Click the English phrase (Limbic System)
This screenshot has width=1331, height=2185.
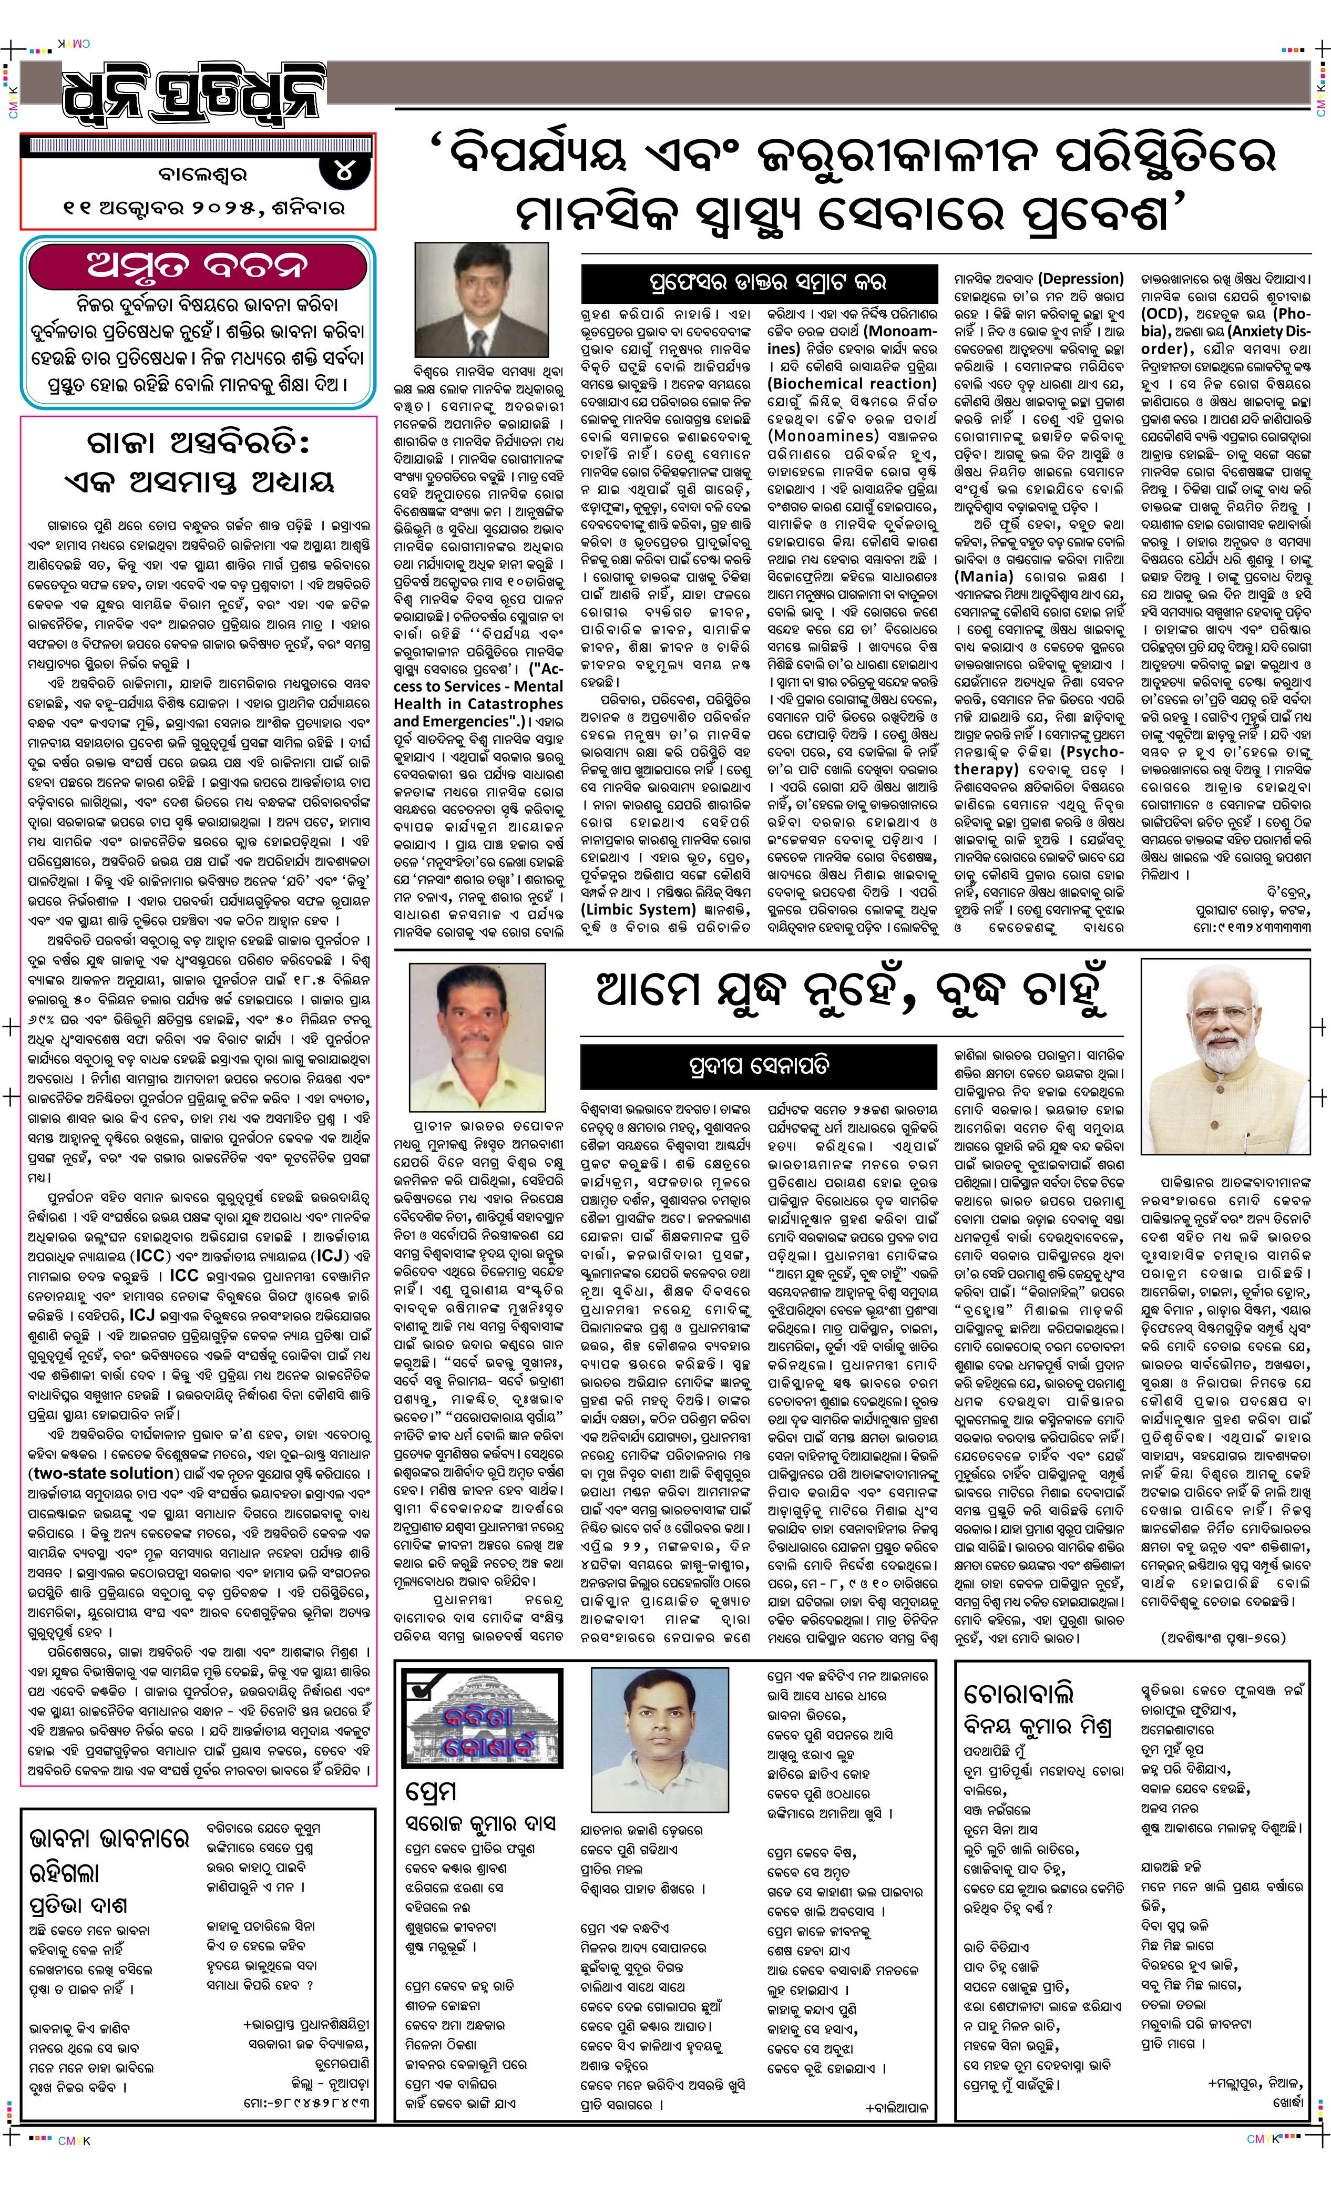coord(637,909)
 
